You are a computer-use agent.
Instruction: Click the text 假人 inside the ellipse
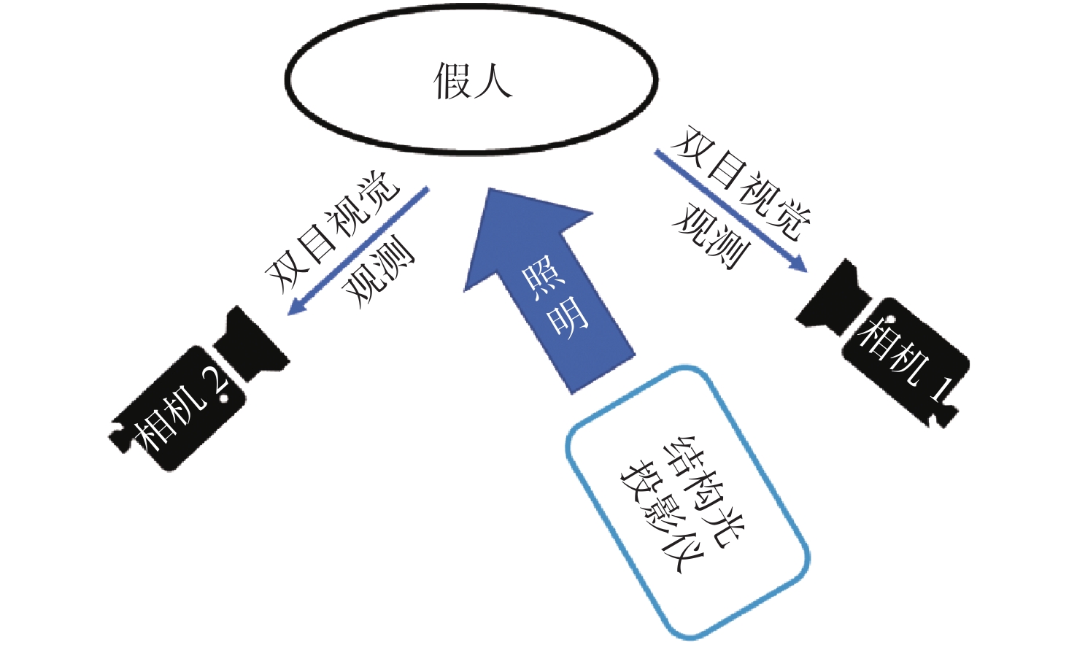[472, 80]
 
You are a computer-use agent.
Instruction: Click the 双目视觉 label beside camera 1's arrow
[741, 182]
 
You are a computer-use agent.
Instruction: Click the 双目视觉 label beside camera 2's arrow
[332, 230]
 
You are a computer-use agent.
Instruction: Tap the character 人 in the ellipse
[493, 80]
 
